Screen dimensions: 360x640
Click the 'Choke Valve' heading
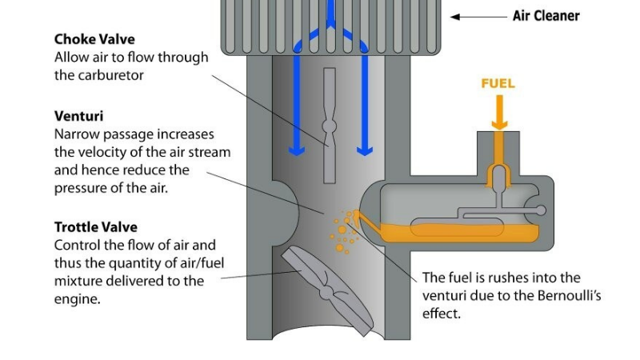(x=94, y=39)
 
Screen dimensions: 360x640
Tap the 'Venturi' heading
(x=78, y=116)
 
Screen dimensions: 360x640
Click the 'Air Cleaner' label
(x=546, y=15)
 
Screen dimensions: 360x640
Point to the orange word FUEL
(x=498, y=83)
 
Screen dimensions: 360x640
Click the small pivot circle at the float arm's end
(x=541, y=210)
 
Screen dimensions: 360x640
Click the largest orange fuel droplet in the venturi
(x=340, y=249)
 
